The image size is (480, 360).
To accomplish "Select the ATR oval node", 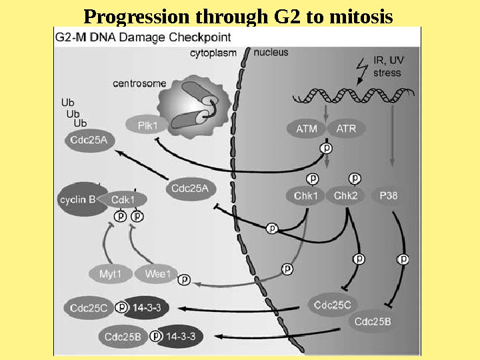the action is [x=346, y=129].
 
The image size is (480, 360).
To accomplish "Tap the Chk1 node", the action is [x=305, y=196].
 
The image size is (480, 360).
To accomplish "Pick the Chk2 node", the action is [x=346, y=196].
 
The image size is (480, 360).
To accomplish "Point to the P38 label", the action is [x=388, y=196].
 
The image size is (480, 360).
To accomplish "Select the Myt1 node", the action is [x=109, y=273].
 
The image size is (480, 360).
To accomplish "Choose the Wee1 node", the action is [x=157, y=273].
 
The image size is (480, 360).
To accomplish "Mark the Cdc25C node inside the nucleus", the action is [x=333, y=305].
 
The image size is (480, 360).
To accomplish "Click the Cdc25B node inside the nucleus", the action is [x=373, y=322].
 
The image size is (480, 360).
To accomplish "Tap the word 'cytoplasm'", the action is [x=213, y=52].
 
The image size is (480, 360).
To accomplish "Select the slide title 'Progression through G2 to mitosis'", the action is [x=238, y=15].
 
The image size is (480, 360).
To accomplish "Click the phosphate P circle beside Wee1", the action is [x=185, y=279].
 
